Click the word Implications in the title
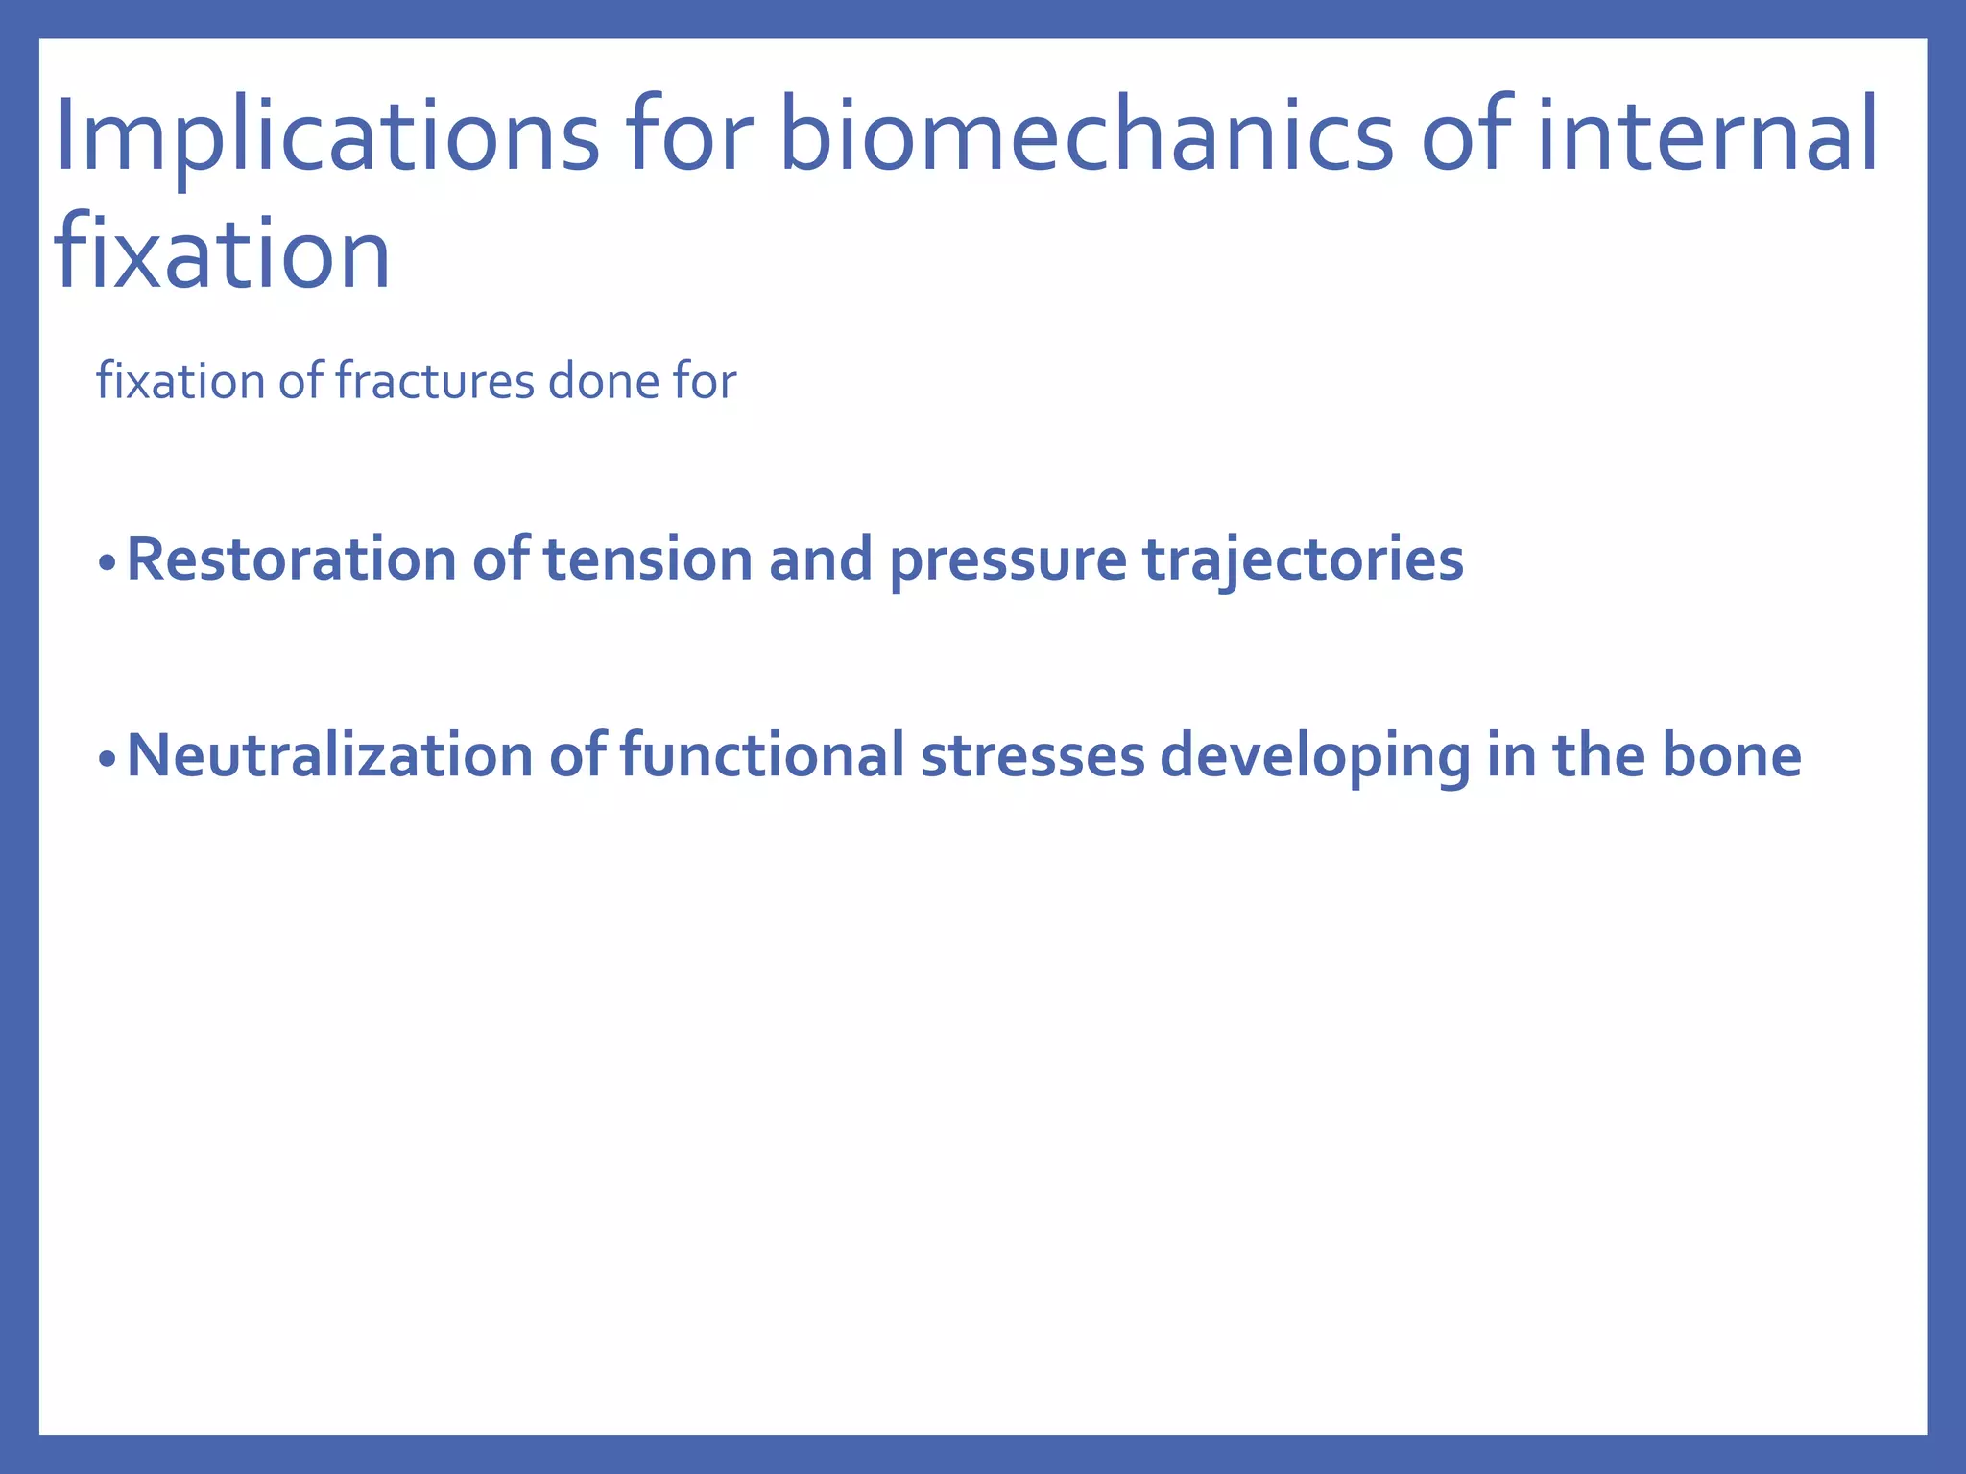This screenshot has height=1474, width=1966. [326, 136]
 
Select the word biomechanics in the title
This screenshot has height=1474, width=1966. [1085, 136]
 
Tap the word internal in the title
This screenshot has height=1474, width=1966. [1707, 136]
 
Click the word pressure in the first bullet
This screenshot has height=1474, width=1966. [1007, 561]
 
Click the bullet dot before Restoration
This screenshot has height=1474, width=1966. [107, 563]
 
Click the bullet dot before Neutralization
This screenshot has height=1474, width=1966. [107, 759]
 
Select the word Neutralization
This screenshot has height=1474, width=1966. [329, 755]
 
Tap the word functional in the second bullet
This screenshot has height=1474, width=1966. [762, 755]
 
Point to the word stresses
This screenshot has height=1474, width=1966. [1032, 755]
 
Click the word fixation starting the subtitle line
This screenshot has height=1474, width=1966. [180, 381]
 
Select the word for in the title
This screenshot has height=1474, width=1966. [686, 136]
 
